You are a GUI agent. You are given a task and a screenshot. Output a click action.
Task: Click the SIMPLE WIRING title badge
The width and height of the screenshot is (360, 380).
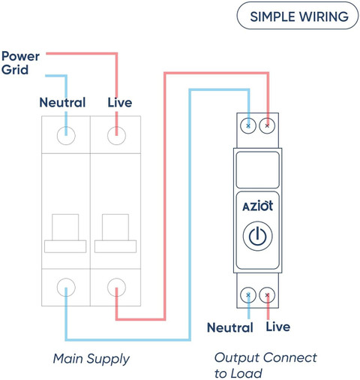coord(298,16)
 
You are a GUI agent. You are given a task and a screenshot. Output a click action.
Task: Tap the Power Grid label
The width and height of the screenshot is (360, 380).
coord(20,63)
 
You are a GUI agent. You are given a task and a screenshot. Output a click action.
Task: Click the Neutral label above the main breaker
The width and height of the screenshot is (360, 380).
coord(62,102)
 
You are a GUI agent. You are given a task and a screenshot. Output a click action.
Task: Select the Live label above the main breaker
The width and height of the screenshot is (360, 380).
coord(120,102)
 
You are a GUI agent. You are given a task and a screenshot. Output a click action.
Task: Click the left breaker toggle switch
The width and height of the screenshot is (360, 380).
coord(65,234)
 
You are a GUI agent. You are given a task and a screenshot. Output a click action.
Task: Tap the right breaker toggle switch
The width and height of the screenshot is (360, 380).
coord(115,234)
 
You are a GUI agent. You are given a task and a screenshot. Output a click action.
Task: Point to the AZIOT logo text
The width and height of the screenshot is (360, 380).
coord(257,207)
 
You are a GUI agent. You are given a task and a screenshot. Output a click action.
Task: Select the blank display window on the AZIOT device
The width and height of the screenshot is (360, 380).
coord(258,170)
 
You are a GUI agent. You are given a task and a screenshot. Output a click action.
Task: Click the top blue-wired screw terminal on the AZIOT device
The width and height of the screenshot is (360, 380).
coord(248,125)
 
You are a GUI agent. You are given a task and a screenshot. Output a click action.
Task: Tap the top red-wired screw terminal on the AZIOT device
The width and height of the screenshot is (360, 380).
coord(267,125)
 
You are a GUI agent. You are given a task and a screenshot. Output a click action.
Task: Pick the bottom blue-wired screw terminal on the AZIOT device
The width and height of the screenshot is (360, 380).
coord(248,295)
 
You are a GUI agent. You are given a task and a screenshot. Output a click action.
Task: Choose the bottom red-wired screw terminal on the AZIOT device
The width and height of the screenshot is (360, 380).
coord(267,295)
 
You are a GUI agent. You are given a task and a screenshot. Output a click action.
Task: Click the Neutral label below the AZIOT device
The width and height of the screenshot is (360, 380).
coord(230,327)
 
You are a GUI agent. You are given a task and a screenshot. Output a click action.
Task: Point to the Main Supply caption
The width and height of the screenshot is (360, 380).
coord(91,359)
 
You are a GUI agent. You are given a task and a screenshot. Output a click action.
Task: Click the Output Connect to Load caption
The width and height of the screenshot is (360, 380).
coord(265,365)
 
